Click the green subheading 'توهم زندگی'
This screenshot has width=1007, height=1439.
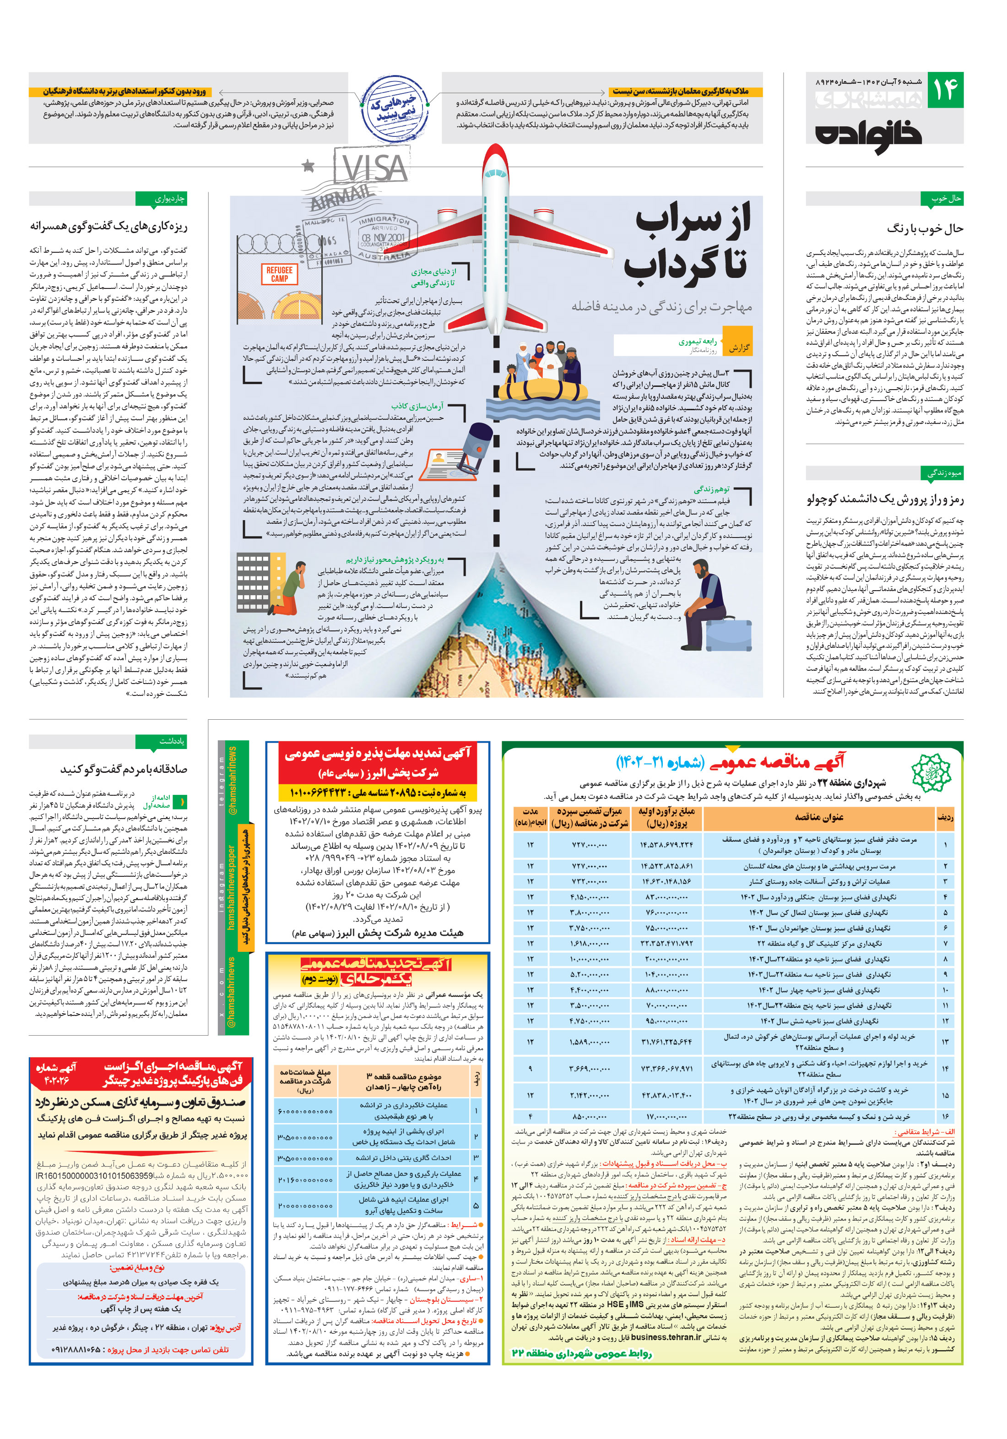pos(711,489)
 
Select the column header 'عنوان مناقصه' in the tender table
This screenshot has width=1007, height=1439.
pos(818,817)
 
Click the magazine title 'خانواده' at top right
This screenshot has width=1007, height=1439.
pos(868,134)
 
